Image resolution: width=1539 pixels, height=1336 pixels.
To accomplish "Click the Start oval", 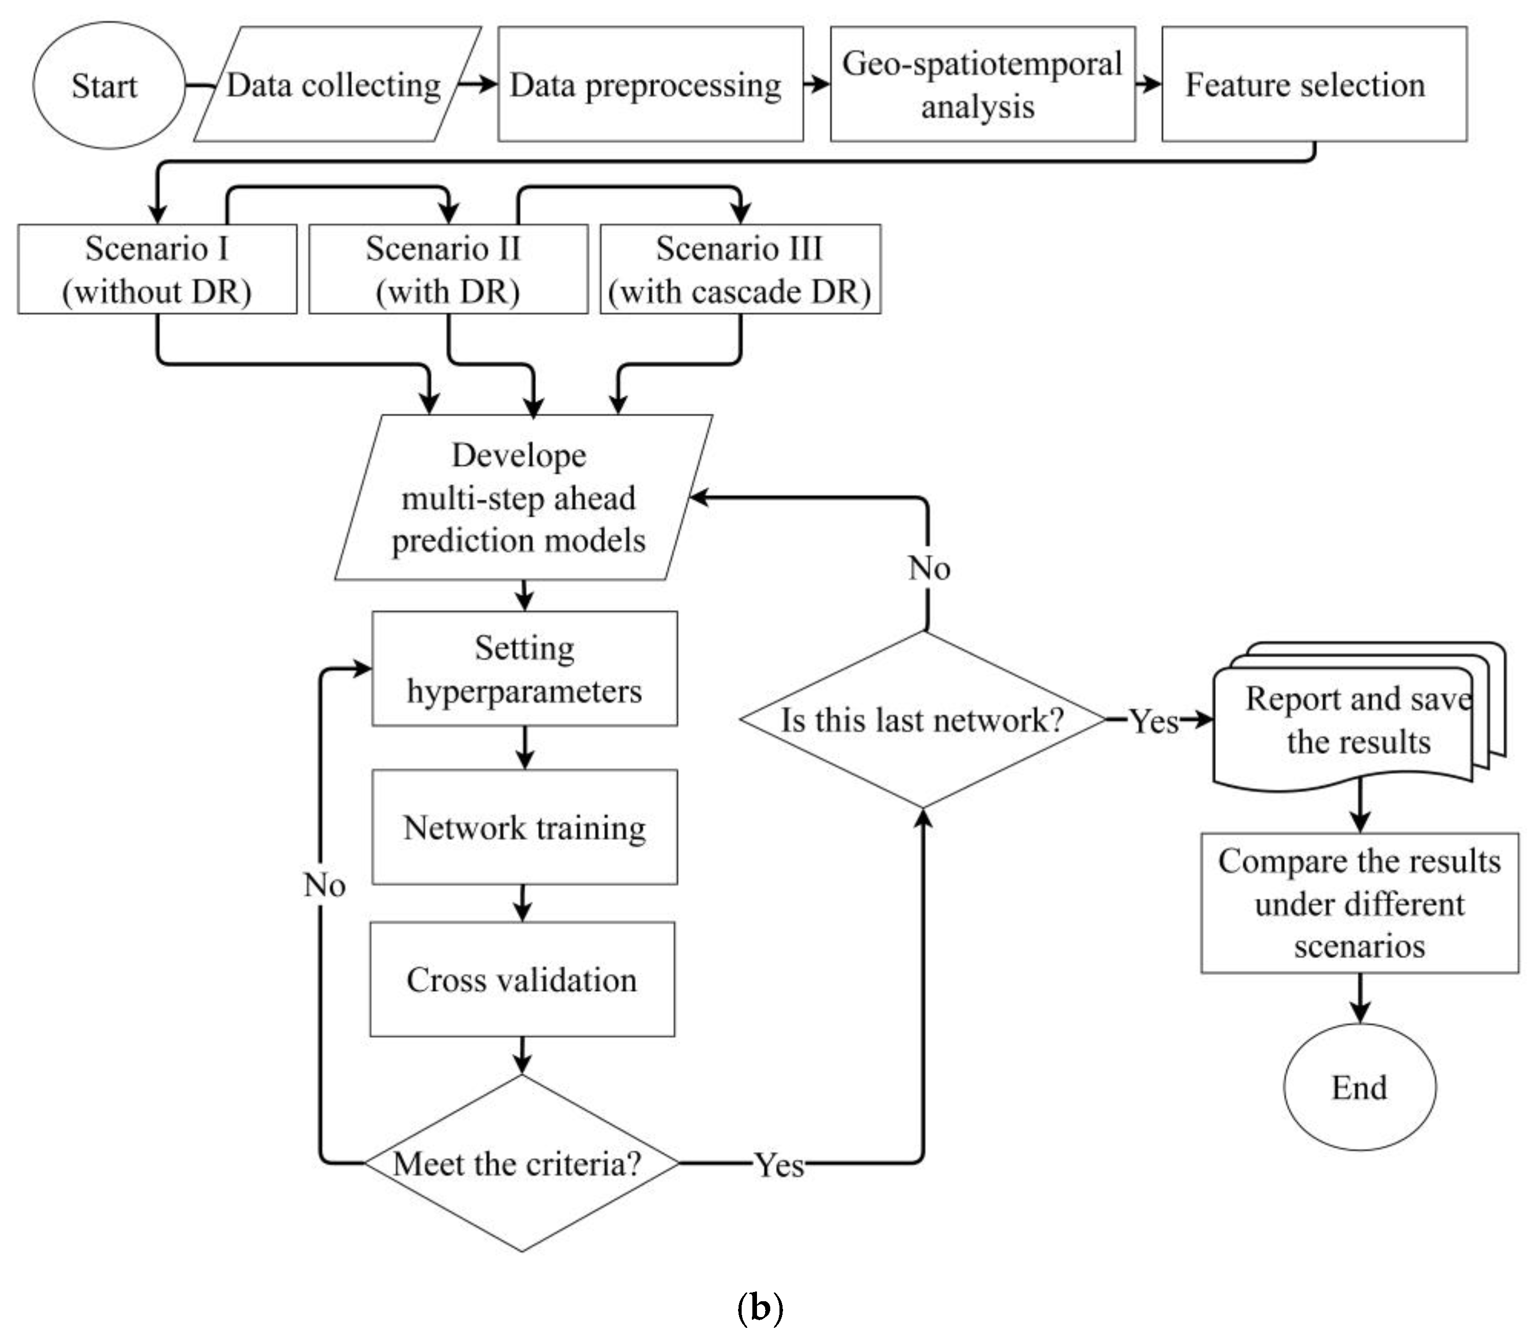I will (x=108, y=85).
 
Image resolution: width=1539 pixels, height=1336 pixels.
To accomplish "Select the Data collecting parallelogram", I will (x=335, y=85).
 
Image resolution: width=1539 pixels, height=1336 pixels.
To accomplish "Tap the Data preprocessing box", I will (x=650, y=85).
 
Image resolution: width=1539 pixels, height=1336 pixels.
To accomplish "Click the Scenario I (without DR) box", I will (x=157, y=269).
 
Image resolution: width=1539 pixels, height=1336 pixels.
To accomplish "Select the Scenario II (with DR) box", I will (x=448, y=269).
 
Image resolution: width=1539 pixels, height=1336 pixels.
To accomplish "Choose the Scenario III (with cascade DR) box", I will (x=740, y=269).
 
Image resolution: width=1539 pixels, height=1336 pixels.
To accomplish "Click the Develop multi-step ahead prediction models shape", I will (x=522, y=497).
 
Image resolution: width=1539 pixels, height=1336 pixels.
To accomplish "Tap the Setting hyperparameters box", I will (x=525, y=669).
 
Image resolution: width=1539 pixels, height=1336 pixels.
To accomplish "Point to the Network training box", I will (x=525, y=828).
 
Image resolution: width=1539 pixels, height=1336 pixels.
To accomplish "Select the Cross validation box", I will (x=522, y=980).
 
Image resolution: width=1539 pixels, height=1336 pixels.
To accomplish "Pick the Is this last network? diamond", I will (x=923, y=719).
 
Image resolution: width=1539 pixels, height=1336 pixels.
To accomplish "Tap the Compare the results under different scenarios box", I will (x=1360, y=903).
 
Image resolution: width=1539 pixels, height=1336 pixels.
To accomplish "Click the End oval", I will (x=1360, y=1087).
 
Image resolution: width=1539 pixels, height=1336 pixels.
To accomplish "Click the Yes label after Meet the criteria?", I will (x=779, y=1165).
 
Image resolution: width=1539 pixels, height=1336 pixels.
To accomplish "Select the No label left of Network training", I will (x=324, y=885).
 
